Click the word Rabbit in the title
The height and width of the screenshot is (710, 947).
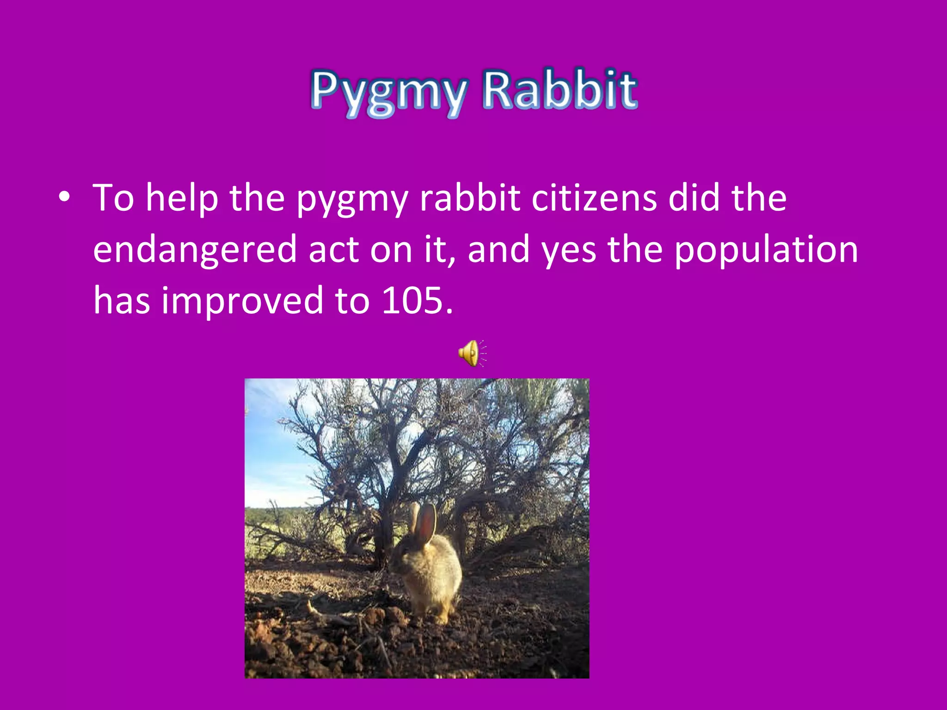(x=560, y=90)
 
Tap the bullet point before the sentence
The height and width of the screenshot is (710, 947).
(x=65, y=198)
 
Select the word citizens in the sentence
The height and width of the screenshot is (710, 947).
(x=594, y=198)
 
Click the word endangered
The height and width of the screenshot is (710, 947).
(x=194, y=250)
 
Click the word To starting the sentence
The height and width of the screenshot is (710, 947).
(x=113, y=198)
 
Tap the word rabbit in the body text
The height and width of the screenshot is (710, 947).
(x=470, y=198)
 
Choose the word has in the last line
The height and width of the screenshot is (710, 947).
(x=122, y=300)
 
